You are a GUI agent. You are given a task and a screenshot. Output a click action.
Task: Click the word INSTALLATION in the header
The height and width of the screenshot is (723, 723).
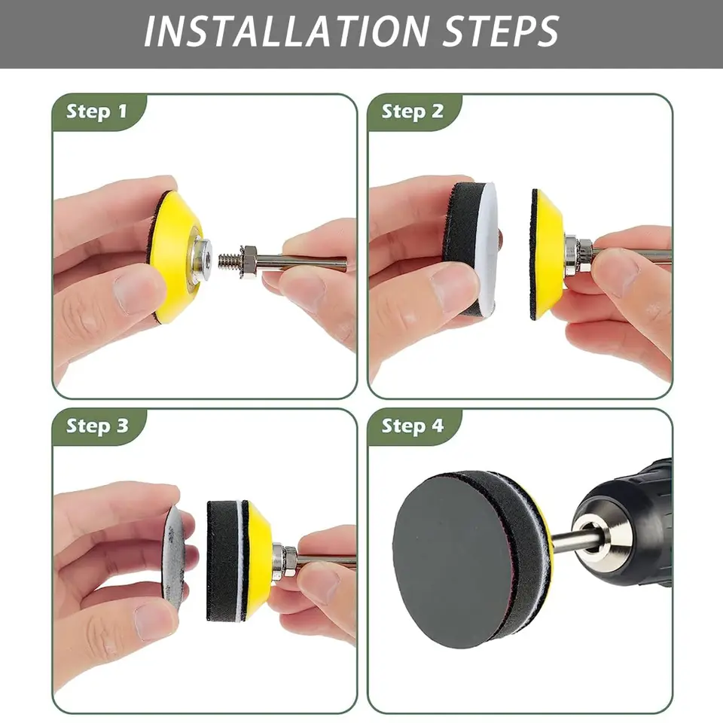click(x=287, y=32)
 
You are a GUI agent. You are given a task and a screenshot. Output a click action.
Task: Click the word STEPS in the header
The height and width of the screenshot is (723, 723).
click(x=502, y=32)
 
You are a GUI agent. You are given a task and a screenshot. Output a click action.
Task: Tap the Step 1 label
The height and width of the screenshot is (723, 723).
click(x=96, y=111)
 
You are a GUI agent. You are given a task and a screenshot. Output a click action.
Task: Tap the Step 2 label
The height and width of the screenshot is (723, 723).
click(x=412, y=111)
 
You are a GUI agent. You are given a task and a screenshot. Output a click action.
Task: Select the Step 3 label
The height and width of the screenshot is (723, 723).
click(x=97, y=426)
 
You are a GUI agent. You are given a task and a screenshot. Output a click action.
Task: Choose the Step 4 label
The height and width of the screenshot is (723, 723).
click(x=413, y=426)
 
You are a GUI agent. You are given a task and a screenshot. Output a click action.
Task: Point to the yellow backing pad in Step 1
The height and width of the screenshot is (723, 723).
click(x=173, y=258)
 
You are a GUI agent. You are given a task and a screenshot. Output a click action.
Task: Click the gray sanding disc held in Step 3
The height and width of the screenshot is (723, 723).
click(x=174, y=558)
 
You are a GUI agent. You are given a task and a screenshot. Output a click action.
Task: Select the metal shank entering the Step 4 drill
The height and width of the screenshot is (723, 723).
click(x=571, y=541)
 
